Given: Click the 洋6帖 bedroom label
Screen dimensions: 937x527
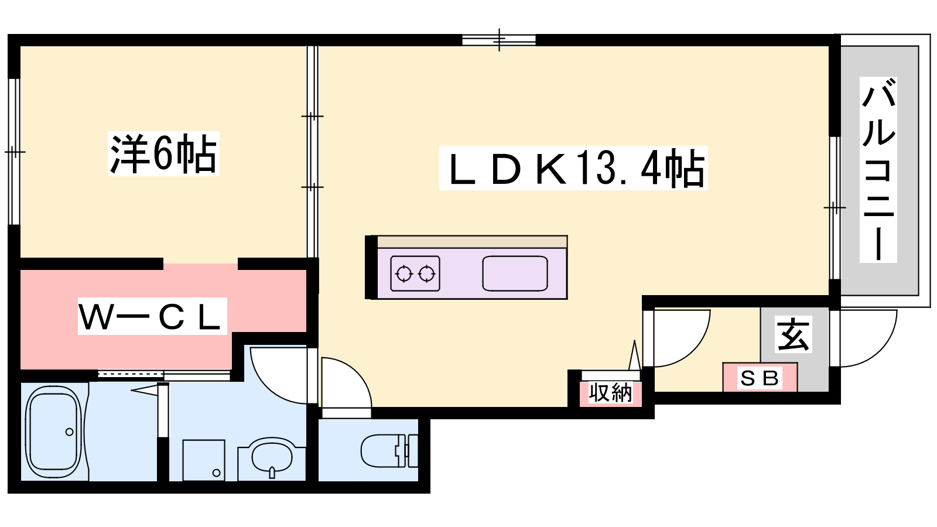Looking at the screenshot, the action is [163, 153].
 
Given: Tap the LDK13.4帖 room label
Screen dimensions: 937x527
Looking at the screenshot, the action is [573, 168].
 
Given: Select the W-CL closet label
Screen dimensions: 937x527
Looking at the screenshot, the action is [152, 316].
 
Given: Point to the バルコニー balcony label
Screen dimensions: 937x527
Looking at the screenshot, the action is [878, 170].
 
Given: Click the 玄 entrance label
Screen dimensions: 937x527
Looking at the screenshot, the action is [794, 334].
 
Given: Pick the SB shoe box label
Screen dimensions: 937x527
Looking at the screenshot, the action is [760, 378].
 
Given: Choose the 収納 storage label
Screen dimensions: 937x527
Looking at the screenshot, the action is [610, 393].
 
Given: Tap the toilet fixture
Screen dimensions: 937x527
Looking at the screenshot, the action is [389, 450].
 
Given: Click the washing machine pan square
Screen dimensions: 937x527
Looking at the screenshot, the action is [204, 460].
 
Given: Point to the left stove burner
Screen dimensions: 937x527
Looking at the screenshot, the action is [404, 274].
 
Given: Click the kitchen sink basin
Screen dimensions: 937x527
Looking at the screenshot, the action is [515, 273].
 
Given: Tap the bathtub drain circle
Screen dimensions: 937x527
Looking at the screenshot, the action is [70, 432].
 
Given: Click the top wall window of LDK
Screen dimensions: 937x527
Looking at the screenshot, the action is [499, 40].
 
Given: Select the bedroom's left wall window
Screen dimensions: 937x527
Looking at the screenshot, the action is [14, 152].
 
